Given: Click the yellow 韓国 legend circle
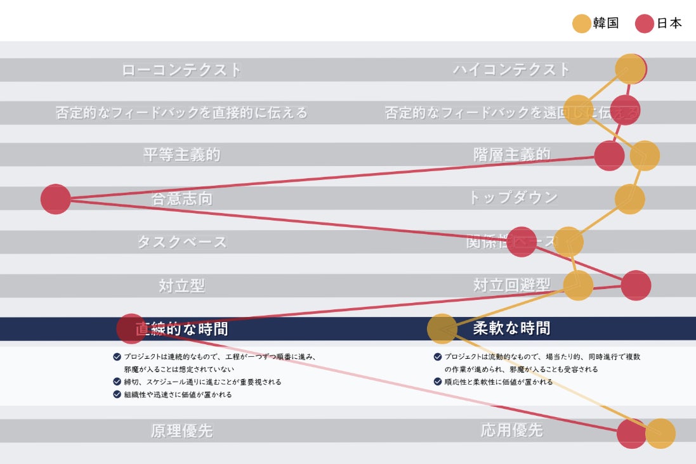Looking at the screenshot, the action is [x=581, y=24].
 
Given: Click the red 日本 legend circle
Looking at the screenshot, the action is [x=645, y=24].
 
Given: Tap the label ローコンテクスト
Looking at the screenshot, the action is [x=181, y=70].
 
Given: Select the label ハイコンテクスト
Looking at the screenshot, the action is [x=511, y=70].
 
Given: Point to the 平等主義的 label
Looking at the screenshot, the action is [x=181, y=155].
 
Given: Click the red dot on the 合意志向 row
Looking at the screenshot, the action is [x=56, y=199].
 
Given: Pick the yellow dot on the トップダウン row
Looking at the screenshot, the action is [x=629, y=199].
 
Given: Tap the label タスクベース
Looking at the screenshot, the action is [x=181, y=242].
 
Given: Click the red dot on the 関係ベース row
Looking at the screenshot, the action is [x=522, y=242].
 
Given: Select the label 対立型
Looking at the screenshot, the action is [x=181, y=286].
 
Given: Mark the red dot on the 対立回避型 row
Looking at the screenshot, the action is [x=636, y=285].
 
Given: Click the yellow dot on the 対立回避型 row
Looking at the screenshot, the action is [x=578, y=285].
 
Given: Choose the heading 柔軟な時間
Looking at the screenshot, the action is [x=511, y=328].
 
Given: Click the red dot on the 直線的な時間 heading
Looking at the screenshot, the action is [x=131, y=328].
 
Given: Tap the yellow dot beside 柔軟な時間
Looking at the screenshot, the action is [x=442, y=328].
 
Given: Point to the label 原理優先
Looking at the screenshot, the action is [x=181, y=431].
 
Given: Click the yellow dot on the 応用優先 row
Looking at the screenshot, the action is [x=660, y=434].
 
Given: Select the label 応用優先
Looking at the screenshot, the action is [x=511, y=431].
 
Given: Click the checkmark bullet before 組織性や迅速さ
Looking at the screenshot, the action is [x=117, y=394].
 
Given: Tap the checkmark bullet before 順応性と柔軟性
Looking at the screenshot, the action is [x=438, y=382].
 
